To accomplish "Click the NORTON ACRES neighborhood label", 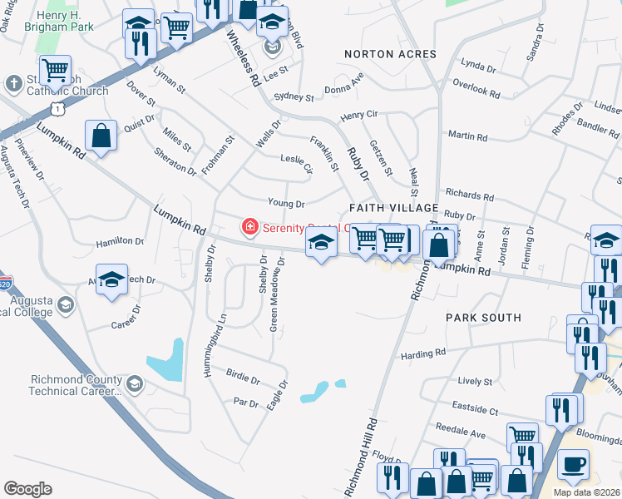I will [x=390, y=54].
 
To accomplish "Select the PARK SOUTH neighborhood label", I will [x=483, y=318].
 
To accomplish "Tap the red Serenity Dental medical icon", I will [x=248, y=226].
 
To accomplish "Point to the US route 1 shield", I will [x=57, y=109].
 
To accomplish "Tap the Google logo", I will [x=27, y=489].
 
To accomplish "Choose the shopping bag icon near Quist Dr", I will [x=101, y=138].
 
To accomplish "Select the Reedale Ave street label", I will [x=467, y=434].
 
